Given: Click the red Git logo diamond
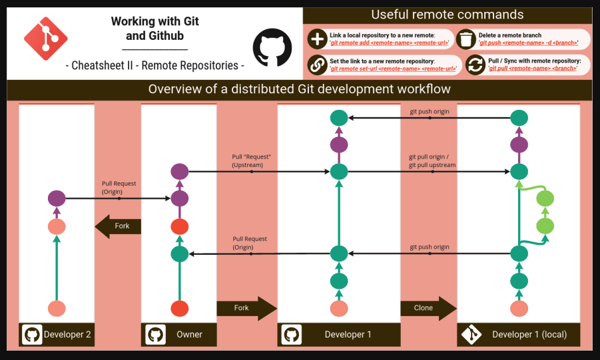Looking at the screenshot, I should click(46, 39).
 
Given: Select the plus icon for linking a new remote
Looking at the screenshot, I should click(316, 39).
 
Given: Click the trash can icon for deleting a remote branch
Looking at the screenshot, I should click(467, 39).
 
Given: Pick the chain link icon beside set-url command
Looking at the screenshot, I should click(316, 65).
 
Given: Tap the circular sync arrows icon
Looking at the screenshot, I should click(475, 65).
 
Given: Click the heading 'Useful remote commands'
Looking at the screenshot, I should click(447, 15).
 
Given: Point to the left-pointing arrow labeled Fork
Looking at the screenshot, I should click(118, 226).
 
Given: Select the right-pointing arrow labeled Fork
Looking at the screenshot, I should click(246, 308).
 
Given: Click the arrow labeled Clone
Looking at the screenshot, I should click(428, 308).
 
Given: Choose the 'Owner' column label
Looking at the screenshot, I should click(189, 334).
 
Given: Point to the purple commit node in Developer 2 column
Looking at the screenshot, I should click(57, 198).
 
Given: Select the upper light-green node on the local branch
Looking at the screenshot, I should click(545, 198).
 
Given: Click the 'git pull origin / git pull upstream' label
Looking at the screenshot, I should click(432, 161).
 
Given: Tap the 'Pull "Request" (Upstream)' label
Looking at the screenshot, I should click(247, 160).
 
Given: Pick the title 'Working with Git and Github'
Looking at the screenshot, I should click(154, 29).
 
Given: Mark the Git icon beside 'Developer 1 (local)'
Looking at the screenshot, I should click(471, 334).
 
